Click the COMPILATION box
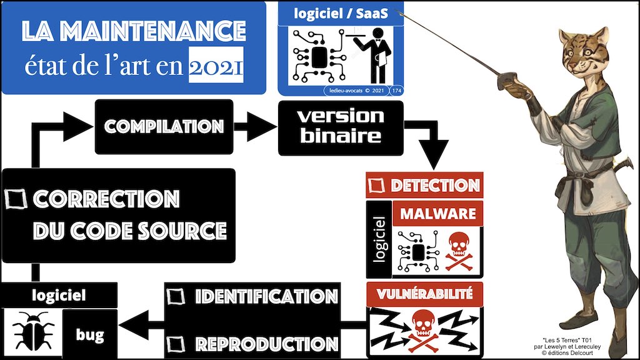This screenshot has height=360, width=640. (164, 126)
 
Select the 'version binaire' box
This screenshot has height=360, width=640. (340, 127)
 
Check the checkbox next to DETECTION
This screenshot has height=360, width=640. (376, 185)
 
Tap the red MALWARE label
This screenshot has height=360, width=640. (437, 213)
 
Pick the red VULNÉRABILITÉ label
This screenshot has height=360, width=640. (424, 292)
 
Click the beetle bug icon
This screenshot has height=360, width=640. (30, 331)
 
